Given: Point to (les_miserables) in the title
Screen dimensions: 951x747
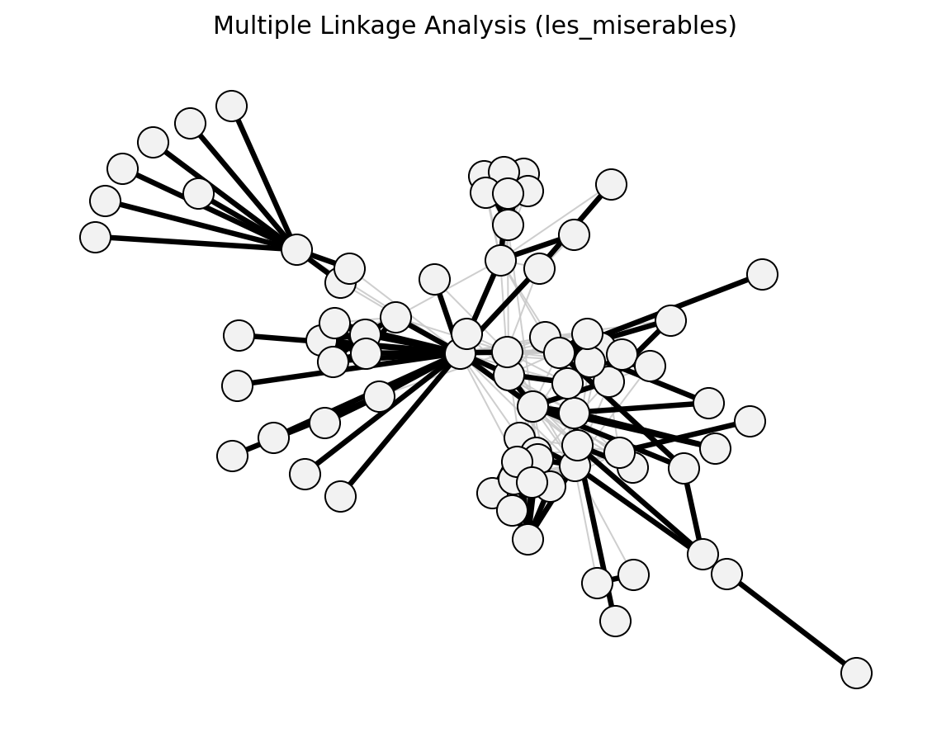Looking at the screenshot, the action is pos(636,26).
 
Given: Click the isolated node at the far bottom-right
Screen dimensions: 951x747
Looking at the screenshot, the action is pos(856,673).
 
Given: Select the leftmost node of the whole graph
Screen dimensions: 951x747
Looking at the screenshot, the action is pos(95,237).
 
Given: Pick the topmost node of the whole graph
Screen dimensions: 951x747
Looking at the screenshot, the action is pos(232,106).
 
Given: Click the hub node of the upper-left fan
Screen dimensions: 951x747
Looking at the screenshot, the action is pos(296,250).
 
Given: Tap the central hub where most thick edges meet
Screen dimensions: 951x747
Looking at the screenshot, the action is pos(461,354).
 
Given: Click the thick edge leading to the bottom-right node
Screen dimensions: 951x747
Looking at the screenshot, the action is pos(792,623).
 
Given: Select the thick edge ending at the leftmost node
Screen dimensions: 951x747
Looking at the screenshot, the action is pos(196,243).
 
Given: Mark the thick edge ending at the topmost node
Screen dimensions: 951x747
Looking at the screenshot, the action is pos(264,177).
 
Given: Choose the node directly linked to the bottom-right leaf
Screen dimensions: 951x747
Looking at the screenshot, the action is pos(726,574).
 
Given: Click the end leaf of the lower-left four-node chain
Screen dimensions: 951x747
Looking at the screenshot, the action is pos(232,456).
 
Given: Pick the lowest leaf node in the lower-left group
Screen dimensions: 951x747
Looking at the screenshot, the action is pos(340,497).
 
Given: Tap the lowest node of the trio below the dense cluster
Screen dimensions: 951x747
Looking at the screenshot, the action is pos(615,621).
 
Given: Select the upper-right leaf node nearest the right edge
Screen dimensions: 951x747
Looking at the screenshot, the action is pos(763,275).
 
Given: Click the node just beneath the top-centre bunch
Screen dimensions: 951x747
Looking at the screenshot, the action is pos(509,225).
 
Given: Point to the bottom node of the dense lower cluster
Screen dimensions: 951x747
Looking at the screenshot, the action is pos(528,539).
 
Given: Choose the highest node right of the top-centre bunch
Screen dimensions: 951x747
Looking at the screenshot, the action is pos(611,184).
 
